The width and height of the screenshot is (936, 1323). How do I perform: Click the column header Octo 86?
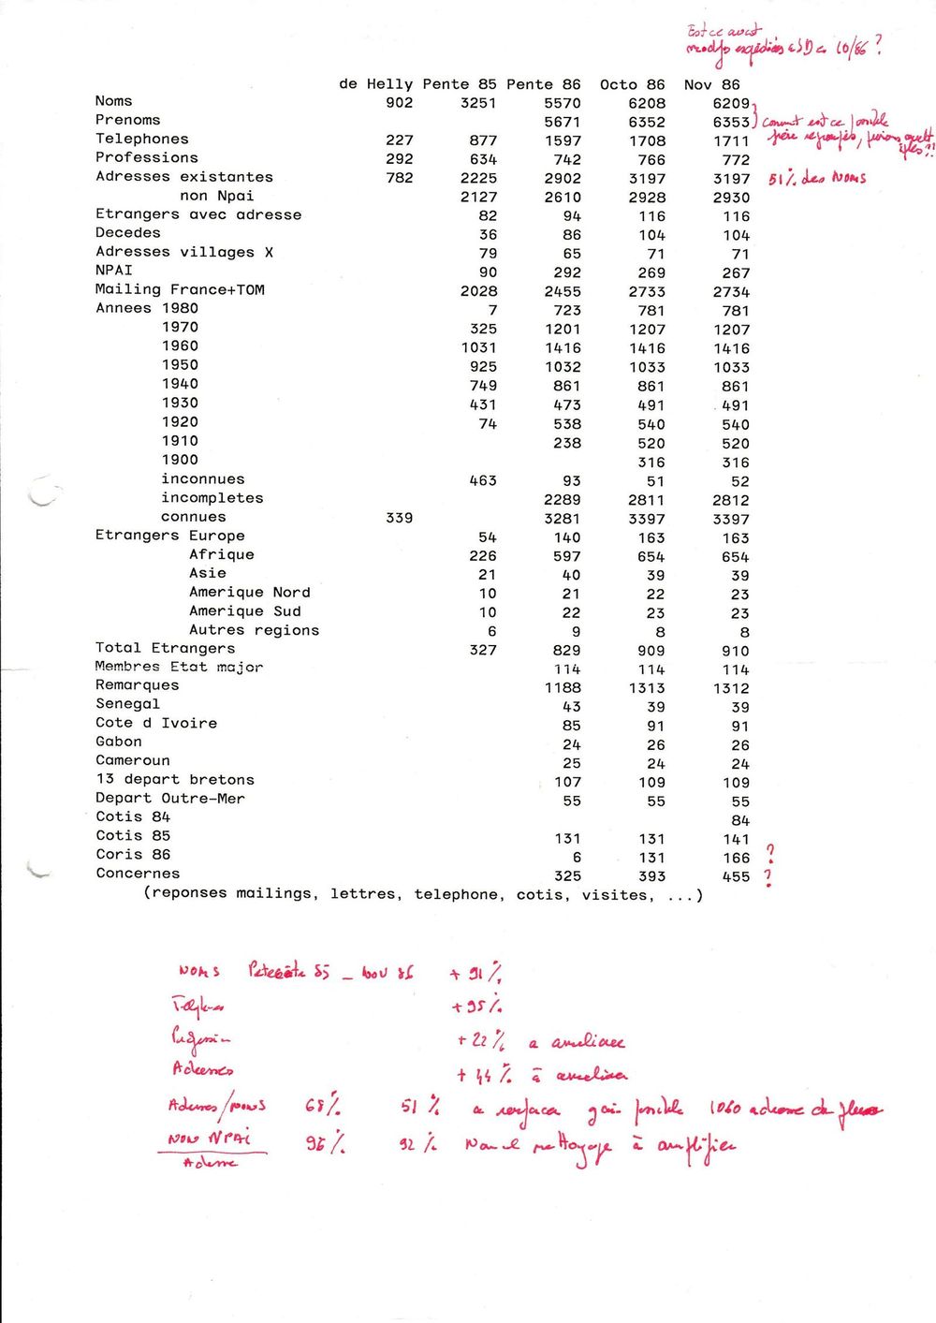click(x=632, y=84)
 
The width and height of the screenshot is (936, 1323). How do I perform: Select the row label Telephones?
click(x=141, y=139)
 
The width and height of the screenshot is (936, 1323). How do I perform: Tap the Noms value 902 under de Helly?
click(x=399, y=103)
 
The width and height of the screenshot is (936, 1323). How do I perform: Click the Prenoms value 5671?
click(x=562, y=122)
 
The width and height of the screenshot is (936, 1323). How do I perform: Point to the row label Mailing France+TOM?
click(x=180, y=289)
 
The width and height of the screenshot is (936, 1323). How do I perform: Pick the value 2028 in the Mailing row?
click(x=478, y=291)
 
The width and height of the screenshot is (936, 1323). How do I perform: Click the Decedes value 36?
click(x=488, y=235)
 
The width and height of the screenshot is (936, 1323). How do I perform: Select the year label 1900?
click(x=180, y=460)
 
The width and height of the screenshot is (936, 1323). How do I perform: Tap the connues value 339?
click(x=399, y=518)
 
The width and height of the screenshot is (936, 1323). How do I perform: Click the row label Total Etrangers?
click(x=165, y=648)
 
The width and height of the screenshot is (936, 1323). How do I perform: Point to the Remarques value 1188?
click(x=562, y=688)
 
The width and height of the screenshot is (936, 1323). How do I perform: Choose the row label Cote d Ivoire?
click(x=155, y=723)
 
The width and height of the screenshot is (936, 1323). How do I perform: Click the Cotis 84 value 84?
click(x=739, y=820)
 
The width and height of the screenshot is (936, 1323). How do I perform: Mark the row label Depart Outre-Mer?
click(x=169, y=799)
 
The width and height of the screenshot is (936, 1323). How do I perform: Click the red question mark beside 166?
click(x=769, y=853)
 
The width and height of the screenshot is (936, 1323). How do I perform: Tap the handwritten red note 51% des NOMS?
click(x=816, y=178)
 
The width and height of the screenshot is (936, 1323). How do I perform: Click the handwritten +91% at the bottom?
click(x=475, y=973)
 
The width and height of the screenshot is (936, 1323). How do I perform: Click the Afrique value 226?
click(x=483, y=556)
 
